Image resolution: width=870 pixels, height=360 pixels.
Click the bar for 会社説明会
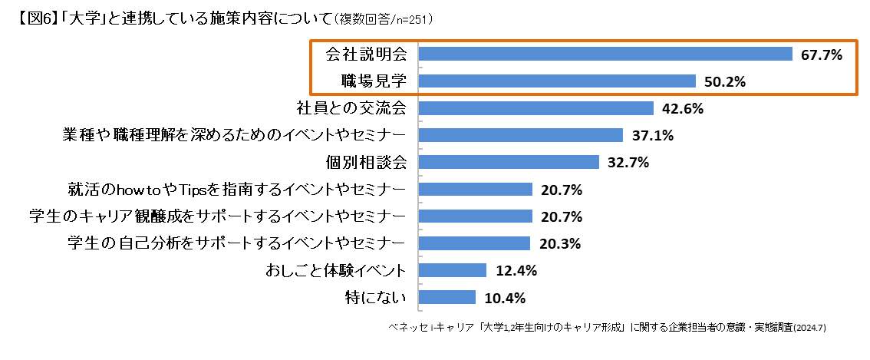click(605, 54)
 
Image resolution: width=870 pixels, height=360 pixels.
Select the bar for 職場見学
click(557, 81)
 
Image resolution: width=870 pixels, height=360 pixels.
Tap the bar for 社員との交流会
click(536, 108)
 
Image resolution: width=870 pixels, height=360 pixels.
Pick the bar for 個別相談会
click(509, 162)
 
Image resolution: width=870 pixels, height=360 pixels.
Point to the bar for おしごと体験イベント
click(453, 270)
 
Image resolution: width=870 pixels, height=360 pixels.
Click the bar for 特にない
click(447, 297)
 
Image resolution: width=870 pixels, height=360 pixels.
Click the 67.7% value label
click(822, 54)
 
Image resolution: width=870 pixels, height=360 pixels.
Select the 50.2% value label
click(725, 81)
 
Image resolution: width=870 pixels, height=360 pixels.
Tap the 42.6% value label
click(683, 108)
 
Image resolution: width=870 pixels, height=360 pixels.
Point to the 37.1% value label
click(652, 136)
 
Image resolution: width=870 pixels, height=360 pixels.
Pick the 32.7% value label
click(628, 163)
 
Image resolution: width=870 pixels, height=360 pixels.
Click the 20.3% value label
click(559, 244)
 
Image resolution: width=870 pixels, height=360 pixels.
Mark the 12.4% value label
click(516, 271)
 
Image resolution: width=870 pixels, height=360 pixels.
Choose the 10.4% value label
click(505, 298)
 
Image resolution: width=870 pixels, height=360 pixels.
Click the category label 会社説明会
click(366, 54)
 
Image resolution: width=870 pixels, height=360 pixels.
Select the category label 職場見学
click(373, 81)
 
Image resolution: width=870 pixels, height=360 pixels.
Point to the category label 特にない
click(376, 297)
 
